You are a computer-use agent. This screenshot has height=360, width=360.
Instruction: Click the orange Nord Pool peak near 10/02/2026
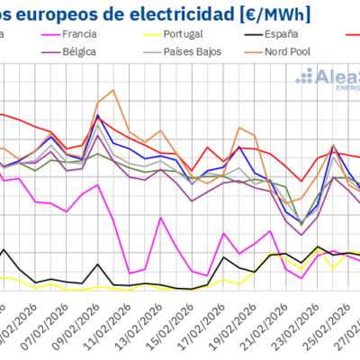(112, 90)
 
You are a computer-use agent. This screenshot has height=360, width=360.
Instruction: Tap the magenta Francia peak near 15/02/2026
(161, 218)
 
